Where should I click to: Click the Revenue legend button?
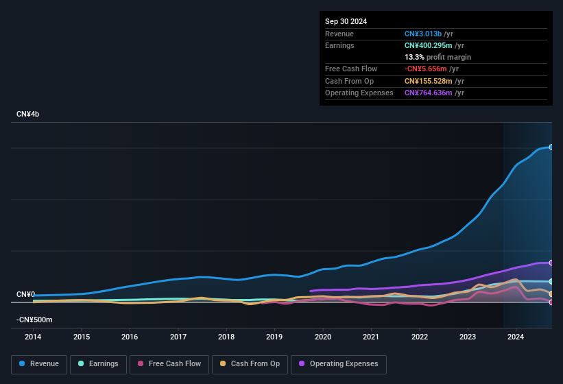[x=39, y=364]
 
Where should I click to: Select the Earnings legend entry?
[x=99, y=364]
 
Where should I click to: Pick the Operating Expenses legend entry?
[x=339, y=364]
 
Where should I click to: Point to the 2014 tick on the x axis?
[x=33, y=337]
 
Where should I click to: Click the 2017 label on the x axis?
[x=178, y=337]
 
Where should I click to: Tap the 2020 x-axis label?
[x=323, y=337]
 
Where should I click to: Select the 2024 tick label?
[x=516, y=337]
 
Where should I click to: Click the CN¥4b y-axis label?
[x=28, y=114]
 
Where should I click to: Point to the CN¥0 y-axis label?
[x=25, y=295]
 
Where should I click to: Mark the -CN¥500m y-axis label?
[x=34, y=320]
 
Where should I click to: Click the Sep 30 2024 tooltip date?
[x=346, y=21]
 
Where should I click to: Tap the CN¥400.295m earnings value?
[x=427, y=45]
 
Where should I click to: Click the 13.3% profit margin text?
[x=438, y=57]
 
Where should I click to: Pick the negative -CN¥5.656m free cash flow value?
[x=426, y=69]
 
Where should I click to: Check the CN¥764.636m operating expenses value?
[x=427, y=93]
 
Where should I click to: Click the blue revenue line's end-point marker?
[x=551, y=147]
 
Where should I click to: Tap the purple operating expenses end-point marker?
[x=551, y=263]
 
